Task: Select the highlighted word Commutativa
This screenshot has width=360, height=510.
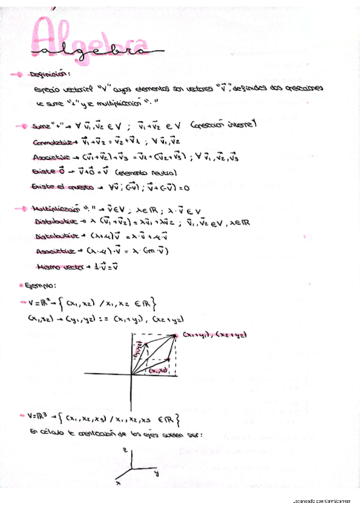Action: [53, 142]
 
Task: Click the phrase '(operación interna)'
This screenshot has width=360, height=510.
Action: [223, 126]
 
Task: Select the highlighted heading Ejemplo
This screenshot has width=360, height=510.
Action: [40, 286]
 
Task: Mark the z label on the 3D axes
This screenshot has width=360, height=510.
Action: [123, 450]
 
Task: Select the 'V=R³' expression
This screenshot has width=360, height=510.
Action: [37, 416]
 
